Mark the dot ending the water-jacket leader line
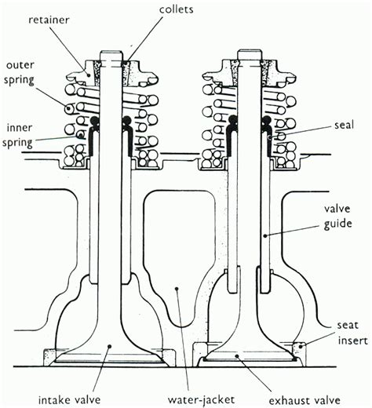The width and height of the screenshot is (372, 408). click(x=177, y=289)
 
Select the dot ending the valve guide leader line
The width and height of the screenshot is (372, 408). click(x=266, y=235)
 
